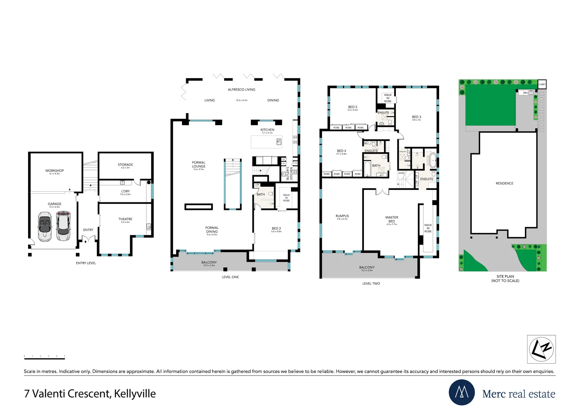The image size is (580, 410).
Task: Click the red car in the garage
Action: pyautogui.click(x=63, y=226)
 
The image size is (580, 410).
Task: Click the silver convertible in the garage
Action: pyautogui.click(x=44, y=227)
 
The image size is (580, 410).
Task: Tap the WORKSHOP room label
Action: pyautogui.click(x=55, y=171)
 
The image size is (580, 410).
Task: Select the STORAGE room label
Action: pyautogui.click(x=125, y=165)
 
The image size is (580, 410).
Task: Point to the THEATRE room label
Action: pyautogui.click(x=125, y=219)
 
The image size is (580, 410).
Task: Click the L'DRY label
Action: pyautogui.click(x=125, y=191)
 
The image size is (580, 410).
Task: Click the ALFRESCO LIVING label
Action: pyautogui.click(x=242, y=90)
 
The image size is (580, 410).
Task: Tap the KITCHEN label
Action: pyautogui.click(x=267, y=130)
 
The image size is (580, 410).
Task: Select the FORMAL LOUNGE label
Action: pyautogui.click(x=199, y=164)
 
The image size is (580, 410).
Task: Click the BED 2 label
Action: pyautogui.click(x=276, y=229)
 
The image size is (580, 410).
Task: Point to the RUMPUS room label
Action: pyautogui.click(x=342, y=216)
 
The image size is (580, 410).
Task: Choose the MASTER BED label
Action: pyautogui.click(x=392, y=219)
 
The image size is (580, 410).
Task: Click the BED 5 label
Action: pyautogui.click(x=352, y=107)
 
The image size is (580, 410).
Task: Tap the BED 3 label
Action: pyautogui.click(x=417, y=117)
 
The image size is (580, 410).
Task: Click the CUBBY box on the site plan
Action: pyautogui.click(x=542, y=84)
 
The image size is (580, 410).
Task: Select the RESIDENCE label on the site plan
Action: pyautogui.click(x=504, y=183)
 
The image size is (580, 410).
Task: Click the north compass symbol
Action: pyautogui.click(x=541, y=349)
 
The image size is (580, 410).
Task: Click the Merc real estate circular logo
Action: pyautogui.click(x=461, y=392)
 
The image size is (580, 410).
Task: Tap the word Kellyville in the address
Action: pyautogui.click(x=135, y=394)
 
